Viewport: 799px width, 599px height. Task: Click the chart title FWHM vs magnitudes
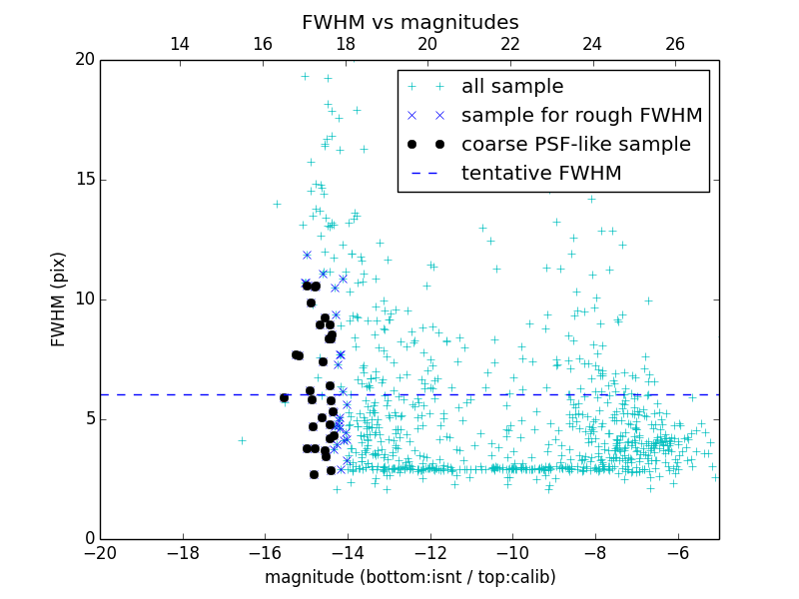[x=409, y=22]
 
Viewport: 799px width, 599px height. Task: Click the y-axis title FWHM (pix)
[x=59, y=299]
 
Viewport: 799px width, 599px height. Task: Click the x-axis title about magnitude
[x=409, y=577]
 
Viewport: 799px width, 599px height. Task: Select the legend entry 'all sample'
[x=512, y=87]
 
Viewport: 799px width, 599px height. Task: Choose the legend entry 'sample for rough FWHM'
[x=581, y=116]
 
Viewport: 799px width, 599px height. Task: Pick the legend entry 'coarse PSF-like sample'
[x=575, y=145]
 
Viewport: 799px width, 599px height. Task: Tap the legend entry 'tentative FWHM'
[x=541, y=174]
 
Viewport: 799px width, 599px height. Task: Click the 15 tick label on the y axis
[x=83, y=180]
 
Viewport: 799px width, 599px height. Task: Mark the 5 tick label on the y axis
[x=88, y=418]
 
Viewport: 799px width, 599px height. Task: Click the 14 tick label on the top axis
[x=180, y=44]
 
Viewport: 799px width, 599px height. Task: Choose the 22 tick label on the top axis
[x=509, y=44]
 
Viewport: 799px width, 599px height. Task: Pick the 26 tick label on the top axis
[x=675, y=44]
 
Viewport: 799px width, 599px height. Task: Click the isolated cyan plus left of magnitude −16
[x=242, y=440]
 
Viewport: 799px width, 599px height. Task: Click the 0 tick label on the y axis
[x=88, y=538]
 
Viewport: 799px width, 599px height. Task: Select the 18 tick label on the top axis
[x=345, y=44]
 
